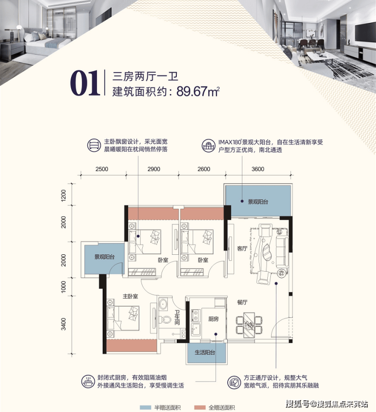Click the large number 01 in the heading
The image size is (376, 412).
(85, 83)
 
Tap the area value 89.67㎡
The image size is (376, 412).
(198, 92)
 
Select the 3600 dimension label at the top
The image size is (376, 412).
(258, 169)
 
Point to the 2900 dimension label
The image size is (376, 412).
(153, 169)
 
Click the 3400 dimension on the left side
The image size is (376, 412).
(64, 323)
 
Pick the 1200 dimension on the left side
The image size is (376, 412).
(64, 195)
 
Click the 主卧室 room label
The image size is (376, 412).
(130, 296)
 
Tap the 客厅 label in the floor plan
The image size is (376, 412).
(242, 248)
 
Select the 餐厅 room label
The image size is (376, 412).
(242, 302)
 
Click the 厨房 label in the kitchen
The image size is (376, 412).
(213, 319)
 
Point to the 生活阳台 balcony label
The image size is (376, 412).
(205, 352)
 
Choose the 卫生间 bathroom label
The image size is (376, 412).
(177, 317)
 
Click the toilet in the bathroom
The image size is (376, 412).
(165, 319)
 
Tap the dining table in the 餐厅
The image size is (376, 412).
(249, 326)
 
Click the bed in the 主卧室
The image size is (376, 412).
(123, 318)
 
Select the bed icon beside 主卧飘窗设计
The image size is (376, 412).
(93, 145)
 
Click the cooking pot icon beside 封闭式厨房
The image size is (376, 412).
(88, 381)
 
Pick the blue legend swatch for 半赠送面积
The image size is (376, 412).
(145, 407)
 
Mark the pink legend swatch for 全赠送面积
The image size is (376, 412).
(200, 407)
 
